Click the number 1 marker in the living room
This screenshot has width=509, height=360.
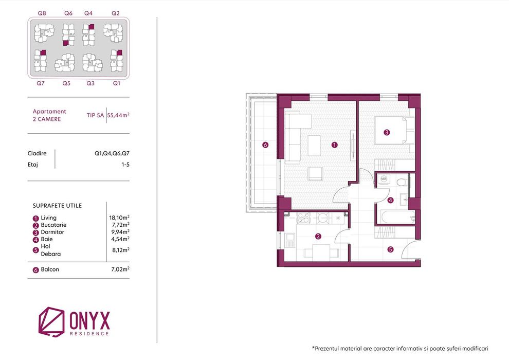click(x=335, y=145)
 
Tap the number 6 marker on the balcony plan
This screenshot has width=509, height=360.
click(x=265, y=145)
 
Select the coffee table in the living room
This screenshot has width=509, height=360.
click(x=314, y=146)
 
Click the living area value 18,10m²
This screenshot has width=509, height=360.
click(x=119, y=218)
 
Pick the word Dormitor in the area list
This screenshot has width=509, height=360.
click(x=52, y=232)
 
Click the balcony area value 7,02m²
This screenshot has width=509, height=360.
click(x=120, y=269)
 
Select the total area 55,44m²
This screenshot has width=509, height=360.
click(x=118, y=115)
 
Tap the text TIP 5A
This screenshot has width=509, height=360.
click(x=95, y=115)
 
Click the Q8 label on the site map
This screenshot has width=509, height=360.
click(x=42, y=13)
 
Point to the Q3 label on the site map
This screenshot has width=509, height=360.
click(x=90, y=83)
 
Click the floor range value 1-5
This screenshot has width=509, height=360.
click(x=125, y=165)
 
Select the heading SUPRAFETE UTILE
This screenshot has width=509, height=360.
click(x=57, y=206)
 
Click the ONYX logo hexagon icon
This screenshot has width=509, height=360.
click(x=51, y=322)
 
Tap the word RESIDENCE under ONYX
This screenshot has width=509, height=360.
click(x=89, y=333)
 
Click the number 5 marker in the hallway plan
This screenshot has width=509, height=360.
click(x=391, y=249)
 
